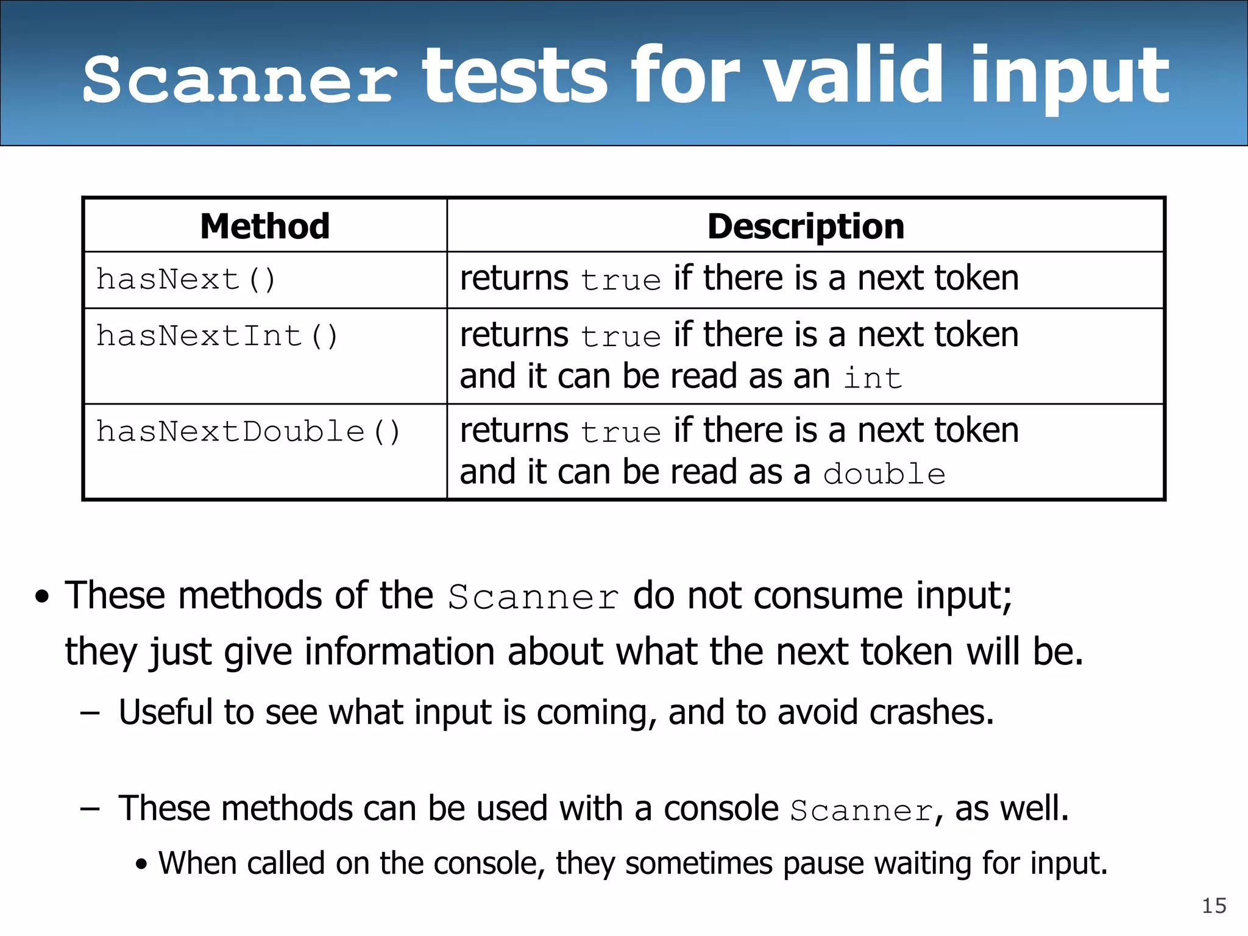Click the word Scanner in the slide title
239,79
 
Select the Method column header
264,226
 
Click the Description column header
806,226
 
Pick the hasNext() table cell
186,280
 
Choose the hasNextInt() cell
217,336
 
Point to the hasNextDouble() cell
248,431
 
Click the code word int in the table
873,378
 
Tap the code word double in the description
884,474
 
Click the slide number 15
1214,906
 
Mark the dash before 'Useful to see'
90,712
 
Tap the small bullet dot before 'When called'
142,864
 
